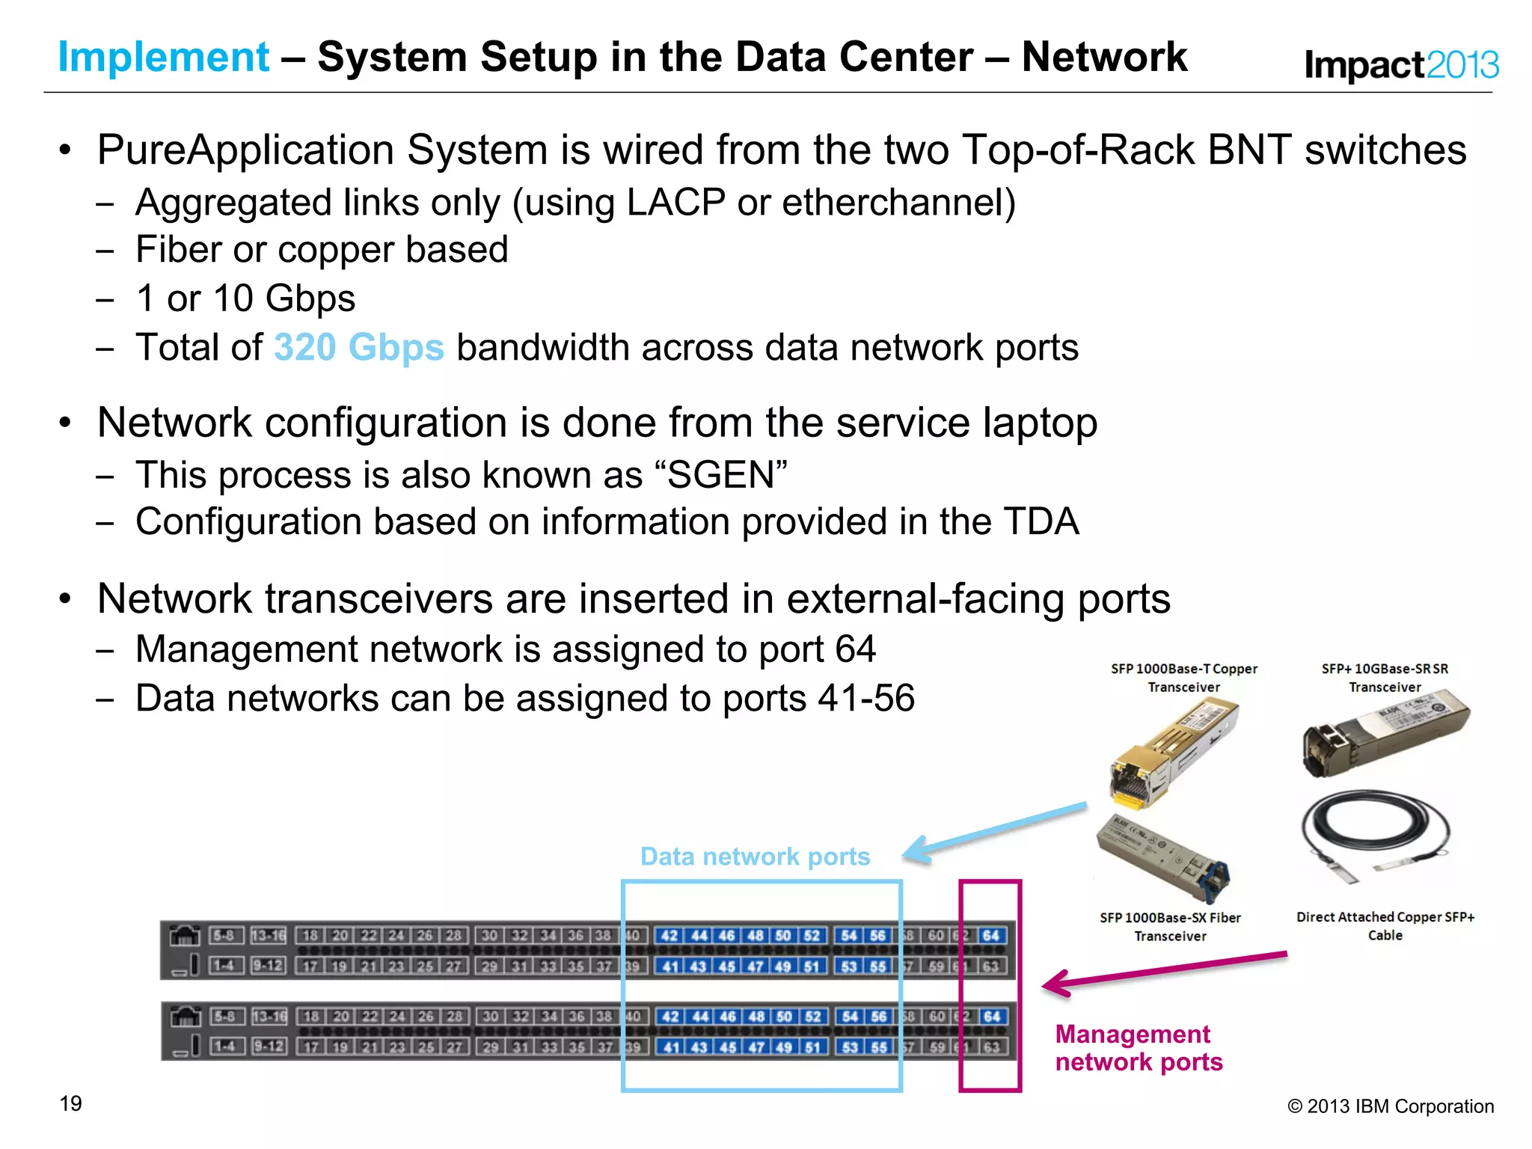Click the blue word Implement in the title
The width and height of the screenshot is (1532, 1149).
[163, 58]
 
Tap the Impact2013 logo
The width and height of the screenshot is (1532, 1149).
[1401, 65]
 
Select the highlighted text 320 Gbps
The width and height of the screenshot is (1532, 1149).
[359, 348]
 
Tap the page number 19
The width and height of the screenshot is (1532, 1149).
[71, 1103]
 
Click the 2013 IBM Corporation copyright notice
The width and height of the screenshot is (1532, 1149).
[1391, 1106]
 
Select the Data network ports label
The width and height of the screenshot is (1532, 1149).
[755, 857]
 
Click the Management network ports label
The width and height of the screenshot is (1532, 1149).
[1138, 1048]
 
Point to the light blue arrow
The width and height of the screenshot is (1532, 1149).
[995, 832]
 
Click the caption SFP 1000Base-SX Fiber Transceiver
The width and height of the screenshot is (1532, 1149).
[1170, 927]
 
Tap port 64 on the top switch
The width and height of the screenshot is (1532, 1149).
[991, 936]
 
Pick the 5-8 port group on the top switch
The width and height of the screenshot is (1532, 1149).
[224, 936]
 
